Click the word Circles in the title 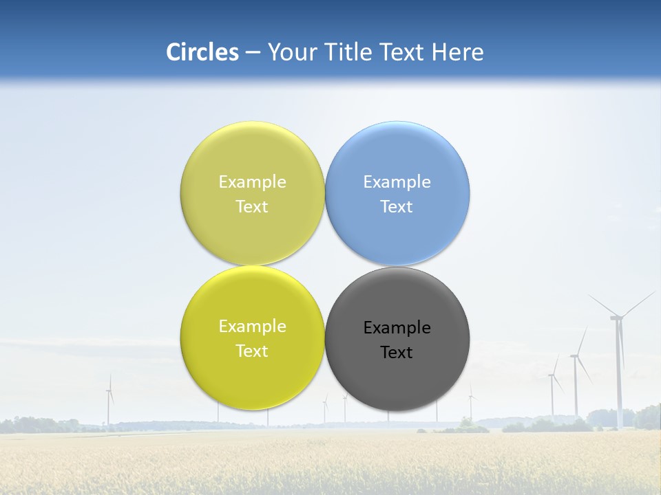(202, 52)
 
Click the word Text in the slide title (403, 52)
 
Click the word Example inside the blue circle (397, 182)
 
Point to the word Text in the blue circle (397, 207)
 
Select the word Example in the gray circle (397, 328)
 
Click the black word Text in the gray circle (397, 353)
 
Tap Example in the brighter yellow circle (252, 327)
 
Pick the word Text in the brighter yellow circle (252, 351)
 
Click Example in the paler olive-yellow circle (252, 182)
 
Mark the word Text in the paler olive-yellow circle (252, 207)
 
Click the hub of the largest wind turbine (617, 317)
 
